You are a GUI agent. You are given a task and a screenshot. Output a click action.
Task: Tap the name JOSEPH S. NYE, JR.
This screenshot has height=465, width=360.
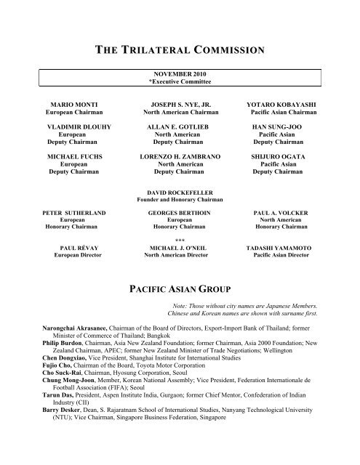point(179,106)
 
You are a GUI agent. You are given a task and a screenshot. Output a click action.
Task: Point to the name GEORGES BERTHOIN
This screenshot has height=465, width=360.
point(179,216)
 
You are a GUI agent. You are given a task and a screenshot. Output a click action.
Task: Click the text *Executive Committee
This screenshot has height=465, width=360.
point(179,81)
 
